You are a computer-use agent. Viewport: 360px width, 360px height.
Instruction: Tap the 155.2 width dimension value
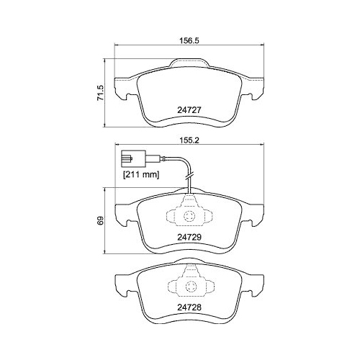click(189, 143)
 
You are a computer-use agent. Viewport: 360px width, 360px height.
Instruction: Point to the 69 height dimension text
click(102, 220)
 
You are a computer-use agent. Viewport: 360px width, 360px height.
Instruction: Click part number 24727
click(189, 111)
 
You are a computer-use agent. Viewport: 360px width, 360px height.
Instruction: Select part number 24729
click(190, 236)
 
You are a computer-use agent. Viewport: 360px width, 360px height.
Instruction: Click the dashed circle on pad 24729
click(190, 217)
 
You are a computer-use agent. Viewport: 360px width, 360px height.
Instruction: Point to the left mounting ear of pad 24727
click(123, 89)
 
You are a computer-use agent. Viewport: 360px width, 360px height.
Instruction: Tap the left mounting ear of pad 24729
click(124, 215)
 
